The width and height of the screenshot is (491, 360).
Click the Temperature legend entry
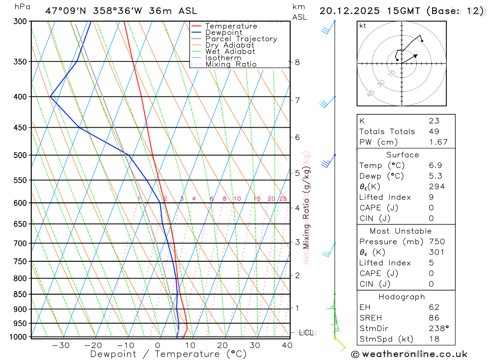click(231, 26)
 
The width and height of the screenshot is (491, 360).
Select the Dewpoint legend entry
click(224, 32)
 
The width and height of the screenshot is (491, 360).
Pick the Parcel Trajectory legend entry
click(241, 39)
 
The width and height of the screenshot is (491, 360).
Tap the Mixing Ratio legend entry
click(231, 64)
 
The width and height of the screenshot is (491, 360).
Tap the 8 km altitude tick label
click(297, 62)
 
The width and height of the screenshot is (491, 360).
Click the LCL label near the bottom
click(306, 332)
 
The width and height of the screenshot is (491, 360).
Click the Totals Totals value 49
click(434, 131)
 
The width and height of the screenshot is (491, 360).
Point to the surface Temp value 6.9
click(435, 165)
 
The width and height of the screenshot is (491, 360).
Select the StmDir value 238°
click(437, 329)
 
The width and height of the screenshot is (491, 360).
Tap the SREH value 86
click(434, 318)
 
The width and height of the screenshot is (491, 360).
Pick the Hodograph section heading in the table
click(402, 297)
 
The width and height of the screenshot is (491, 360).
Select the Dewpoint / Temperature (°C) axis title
click(168, 354)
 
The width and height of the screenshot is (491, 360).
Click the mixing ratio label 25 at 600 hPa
click(283, 198)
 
